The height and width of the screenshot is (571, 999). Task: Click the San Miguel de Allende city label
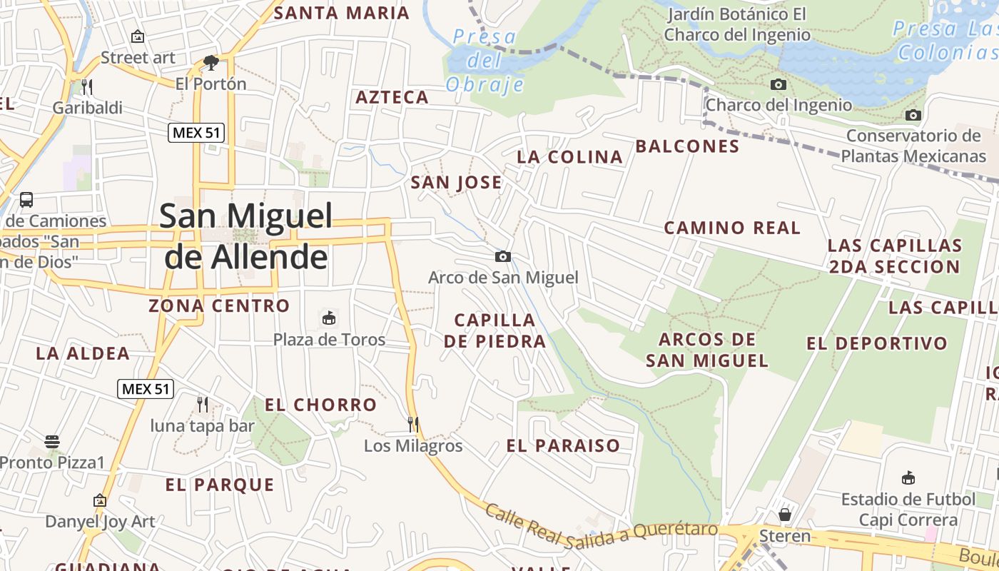(246, 236)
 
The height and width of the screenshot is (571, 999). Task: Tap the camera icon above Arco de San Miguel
(502, 257)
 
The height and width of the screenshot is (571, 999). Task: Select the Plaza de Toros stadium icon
(329, 318)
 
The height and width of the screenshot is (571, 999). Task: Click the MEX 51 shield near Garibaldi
(196, 132)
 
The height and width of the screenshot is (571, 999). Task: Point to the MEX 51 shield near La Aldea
(146, 389)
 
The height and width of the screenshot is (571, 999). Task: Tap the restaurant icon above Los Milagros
(412, 424)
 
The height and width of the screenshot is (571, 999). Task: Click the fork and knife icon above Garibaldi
(87, 86)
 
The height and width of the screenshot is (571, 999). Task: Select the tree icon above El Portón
(211, 63)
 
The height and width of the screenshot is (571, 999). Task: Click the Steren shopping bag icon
(785, 515)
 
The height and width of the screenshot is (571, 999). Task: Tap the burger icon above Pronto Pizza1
(52, 441)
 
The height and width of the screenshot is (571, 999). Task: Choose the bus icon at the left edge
(26, 200)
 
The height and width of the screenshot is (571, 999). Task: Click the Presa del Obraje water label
(485, 61)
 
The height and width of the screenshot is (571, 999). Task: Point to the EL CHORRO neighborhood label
(320, 405)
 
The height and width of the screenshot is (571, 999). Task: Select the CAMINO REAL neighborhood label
(732, 228)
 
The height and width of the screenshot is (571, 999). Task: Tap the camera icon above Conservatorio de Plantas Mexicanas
(913, 115)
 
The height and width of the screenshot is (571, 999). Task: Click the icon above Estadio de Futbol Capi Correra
(908, 478)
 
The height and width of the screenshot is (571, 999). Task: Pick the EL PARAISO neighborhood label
(563, 446)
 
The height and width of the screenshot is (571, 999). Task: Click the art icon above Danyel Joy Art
(100, 500)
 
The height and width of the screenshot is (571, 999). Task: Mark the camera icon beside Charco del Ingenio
(779, 85)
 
